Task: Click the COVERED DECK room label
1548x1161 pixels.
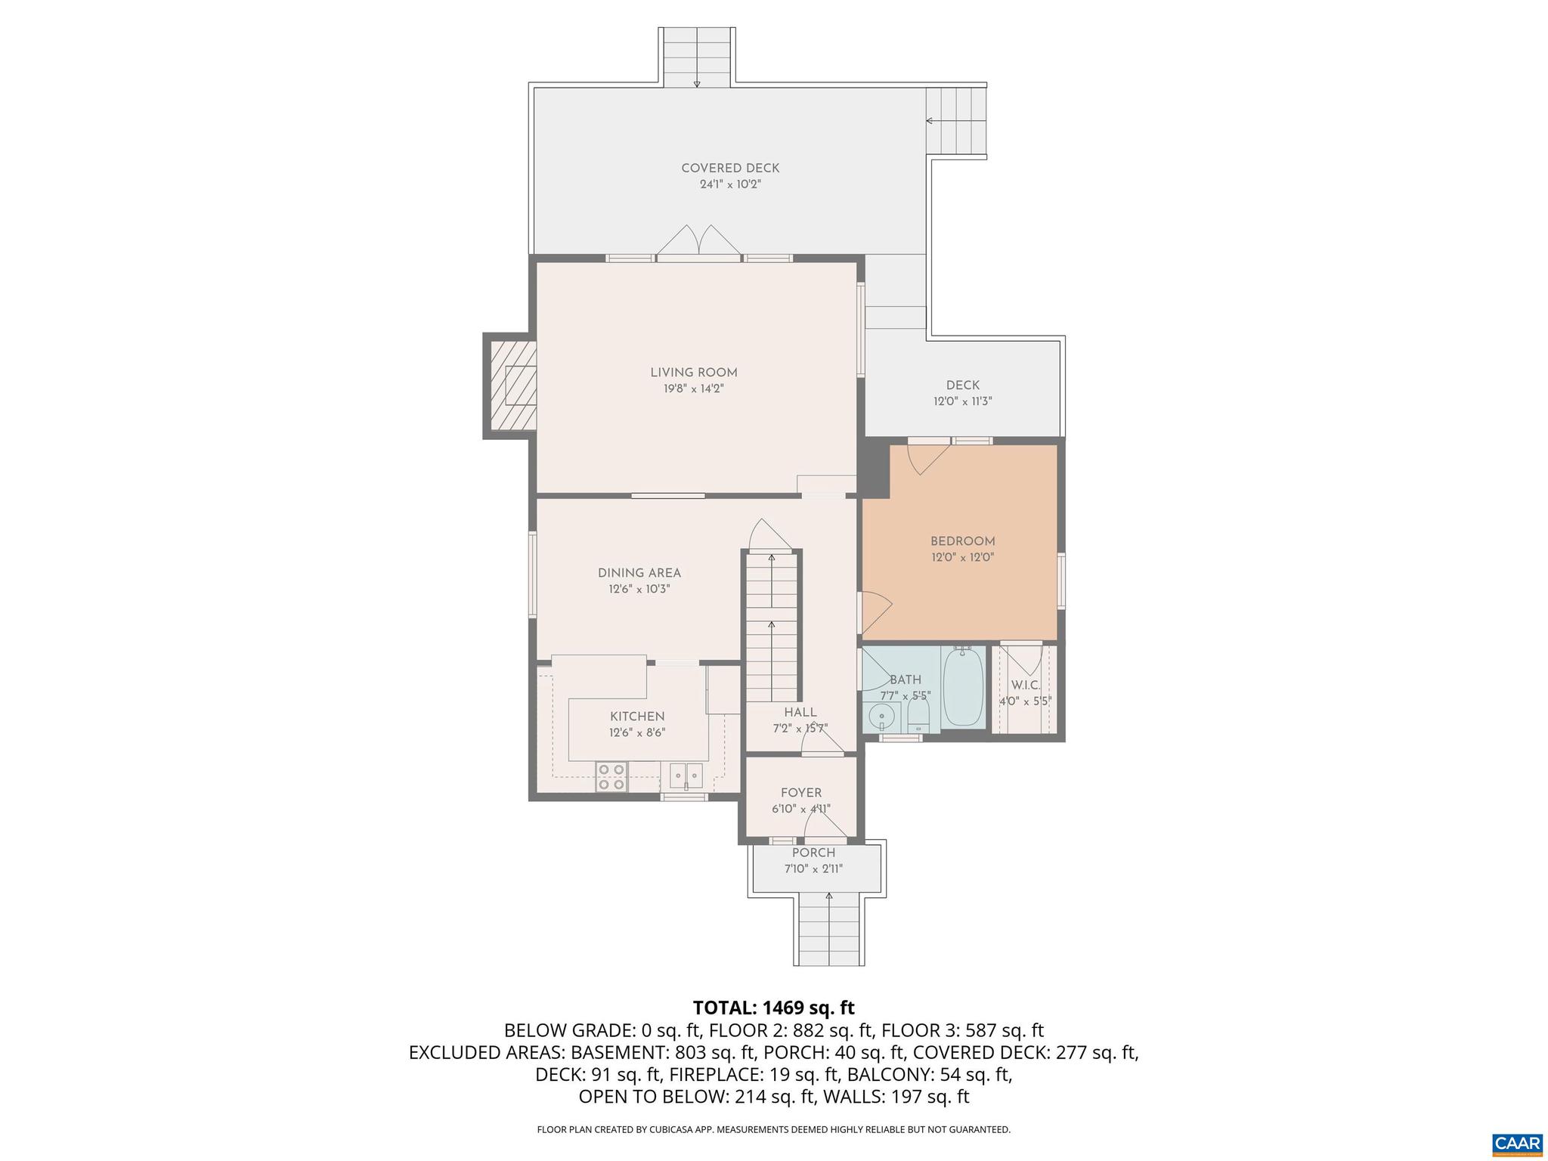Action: [729, 169]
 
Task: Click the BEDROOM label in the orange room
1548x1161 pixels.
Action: [962, 541]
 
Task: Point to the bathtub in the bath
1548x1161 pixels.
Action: [963, 687]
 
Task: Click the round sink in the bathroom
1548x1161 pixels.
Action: [881, 714]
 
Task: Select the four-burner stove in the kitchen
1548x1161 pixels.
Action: [611, 777]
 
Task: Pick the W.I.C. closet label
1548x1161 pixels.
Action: [1025, 685]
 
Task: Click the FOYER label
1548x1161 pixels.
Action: [800, 793]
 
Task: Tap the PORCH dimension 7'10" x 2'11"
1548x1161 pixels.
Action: [813, 868]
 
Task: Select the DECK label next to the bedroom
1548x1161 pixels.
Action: [962, 385]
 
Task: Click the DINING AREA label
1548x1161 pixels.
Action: [639, 573]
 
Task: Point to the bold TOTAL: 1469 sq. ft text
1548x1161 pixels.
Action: [773, 1008]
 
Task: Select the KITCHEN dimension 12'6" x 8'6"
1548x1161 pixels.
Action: [637, 732]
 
